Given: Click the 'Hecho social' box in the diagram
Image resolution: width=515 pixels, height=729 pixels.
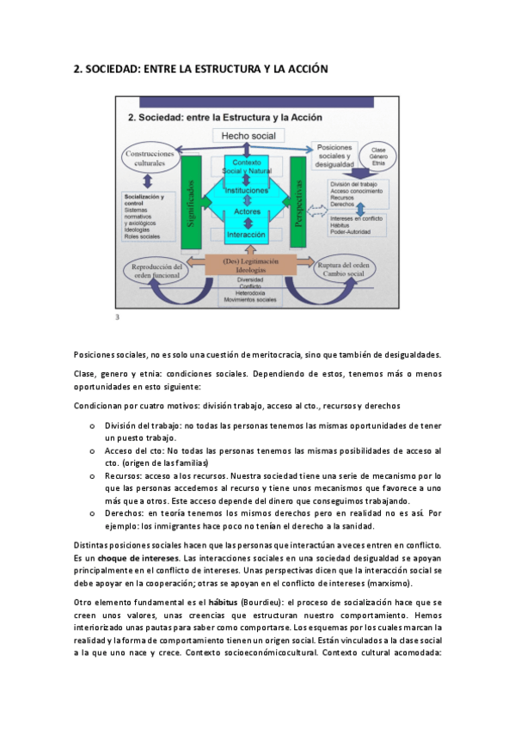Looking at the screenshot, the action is [248, 136].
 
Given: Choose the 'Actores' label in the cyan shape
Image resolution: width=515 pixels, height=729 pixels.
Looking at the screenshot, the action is [247, 211].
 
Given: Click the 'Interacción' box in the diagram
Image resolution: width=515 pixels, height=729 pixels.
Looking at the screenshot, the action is [247, 234].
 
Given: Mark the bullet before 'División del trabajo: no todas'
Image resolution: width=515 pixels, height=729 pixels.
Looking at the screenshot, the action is [91, 426].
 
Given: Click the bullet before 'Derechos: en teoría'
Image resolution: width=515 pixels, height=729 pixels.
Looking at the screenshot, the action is [91, 512].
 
